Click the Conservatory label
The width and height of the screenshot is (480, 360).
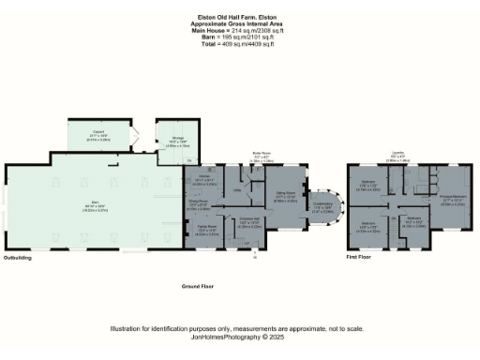coord(323,207)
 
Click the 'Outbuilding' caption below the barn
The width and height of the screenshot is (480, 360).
coord(18,256)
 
